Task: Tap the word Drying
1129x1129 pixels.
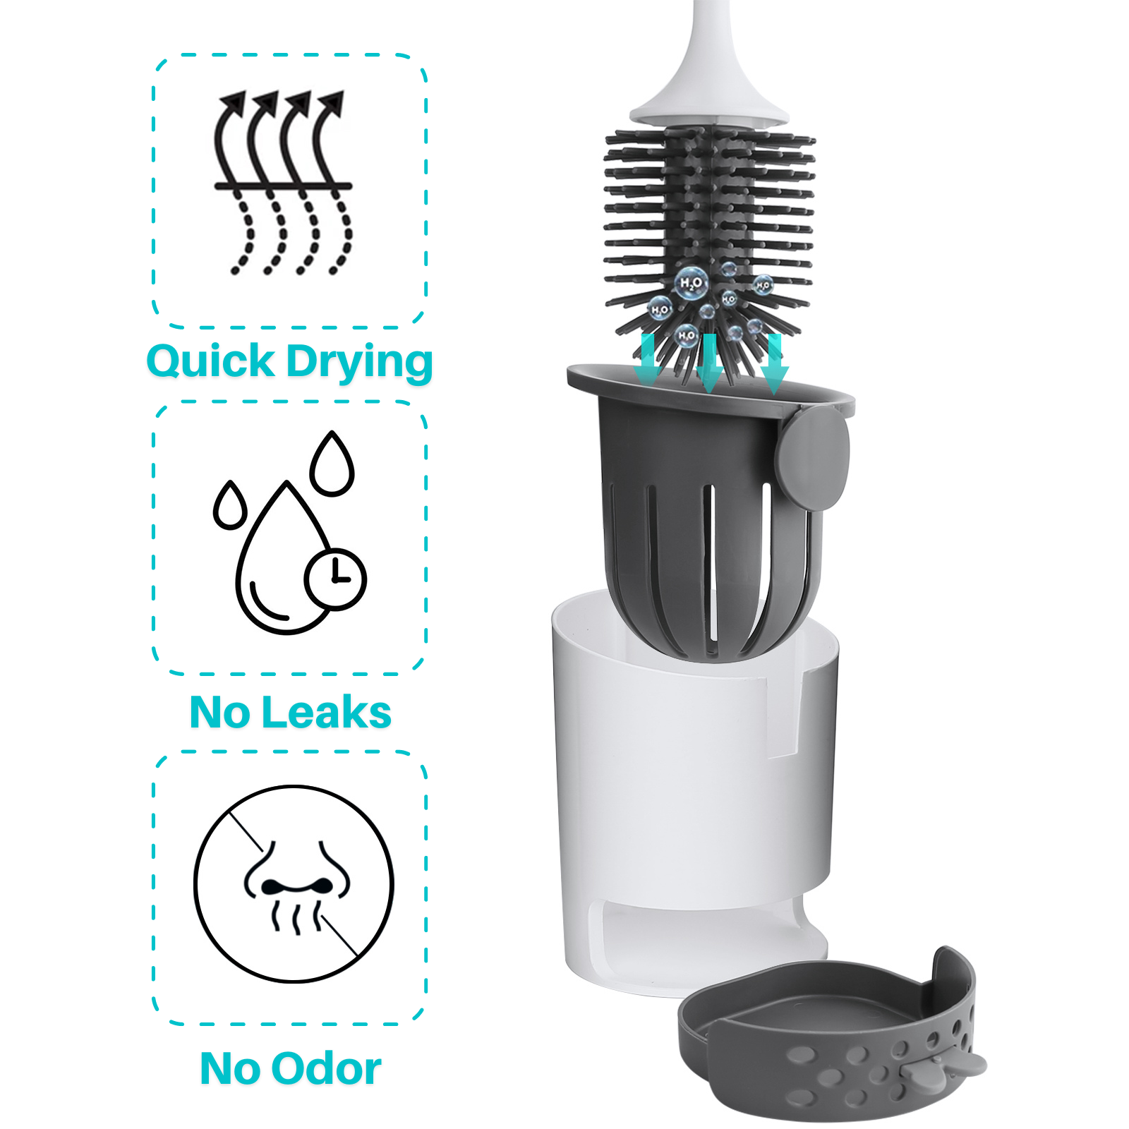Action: tap(359, 364)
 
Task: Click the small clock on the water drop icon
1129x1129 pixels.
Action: tap(335, 579)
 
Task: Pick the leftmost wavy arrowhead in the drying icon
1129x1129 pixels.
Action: tap(233, 104)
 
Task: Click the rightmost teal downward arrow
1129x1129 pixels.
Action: tap(774, 363)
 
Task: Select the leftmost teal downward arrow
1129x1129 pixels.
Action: tap(648, 360)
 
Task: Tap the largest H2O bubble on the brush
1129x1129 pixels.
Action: tap(691, 283)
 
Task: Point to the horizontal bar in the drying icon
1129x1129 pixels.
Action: tap(283, 186)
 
